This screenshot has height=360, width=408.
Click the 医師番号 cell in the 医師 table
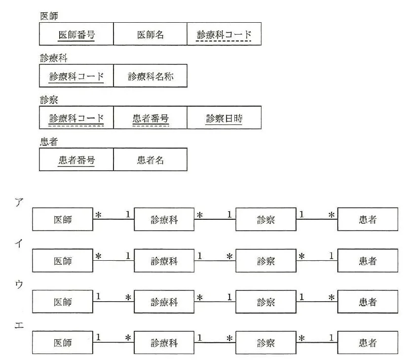pos(76,34)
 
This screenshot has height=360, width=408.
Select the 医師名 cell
pos(150,34)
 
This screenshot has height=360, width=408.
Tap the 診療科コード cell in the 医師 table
pos(224,34)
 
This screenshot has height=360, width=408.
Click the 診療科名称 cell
pos(150,76)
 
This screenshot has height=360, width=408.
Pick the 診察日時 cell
pos(224,118)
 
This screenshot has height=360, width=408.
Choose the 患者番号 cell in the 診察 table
pos(150,118)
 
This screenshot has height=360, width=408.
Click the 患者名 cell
pos(150,160)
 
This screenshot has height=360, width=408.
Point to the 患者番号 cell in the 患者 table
pos(76,160)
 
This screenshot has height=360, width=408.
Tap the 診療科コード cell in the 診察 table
pos(76,118)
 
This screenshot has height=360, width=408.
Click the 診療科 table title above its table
pos(54,58)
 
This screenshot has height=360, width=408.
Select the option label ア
pos(19,202)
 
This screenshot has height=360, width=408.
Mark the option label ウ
pos(19,284)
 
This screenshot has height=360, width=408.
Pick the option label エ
pos(19,325)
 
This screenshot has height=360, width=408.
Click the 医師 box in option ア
pos(63,219)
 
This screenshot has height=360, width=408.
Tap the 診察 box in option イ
pos(266,260)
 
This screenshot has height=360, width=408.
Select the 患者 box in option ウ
pos(368,302)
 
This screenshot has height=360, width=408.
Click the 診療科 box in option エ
pos(164,343)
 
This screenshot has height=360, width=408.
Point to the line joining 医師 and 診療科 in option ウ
pos(113,302)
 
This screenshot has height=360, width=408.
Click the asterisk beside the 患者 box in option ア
pos(331,215)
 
